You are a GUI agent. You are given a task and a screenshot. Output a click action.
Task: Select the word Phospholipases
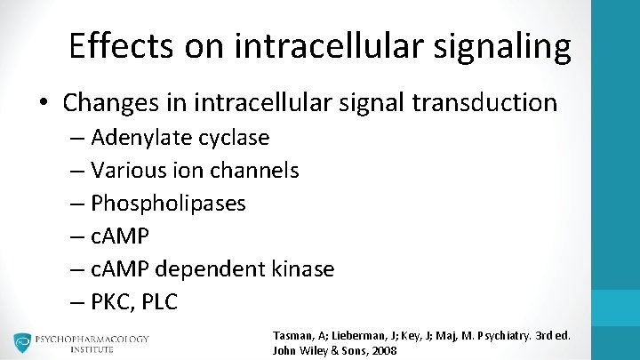point(169,204)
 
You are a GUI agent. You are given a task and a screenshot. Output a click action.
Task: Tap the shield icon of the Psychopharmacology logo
point(22,343)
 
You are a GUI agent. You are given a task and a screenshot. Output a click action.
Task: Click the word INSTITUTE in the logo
point(93,350)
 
